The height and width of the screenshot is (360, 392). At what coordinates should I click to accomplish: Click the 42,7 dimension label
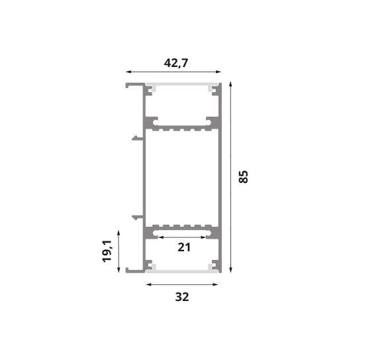pos(175,63)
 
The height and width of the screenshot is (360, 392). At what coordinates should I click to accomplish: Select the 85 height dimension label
pos(243,177)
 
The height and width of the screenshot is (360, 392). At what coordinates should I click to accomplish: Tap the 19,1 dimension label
pos(107,251)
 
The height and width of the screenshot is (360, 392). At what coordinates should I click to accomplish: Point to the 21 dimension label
pos(184,247)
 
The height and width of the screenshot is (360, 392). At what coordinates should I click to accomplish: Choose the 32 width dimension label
pos(182,297)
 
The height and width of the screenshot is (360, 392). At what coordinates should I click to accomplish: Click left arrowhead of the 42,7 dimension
pos(128,72)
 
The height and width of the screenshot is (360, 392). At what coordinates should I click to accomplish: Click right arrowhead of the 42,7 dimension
pos(219,72)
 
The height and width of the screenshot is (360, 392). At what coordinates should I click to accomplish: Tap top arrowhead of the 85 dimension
pos(230,84)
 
